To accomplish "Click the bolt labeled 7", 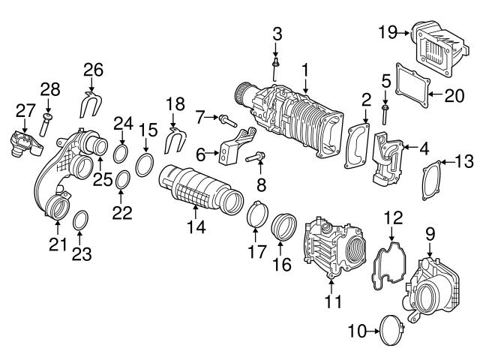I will tap(227, 119).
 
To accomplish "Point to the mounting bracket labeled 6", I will tap(232, 148).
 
